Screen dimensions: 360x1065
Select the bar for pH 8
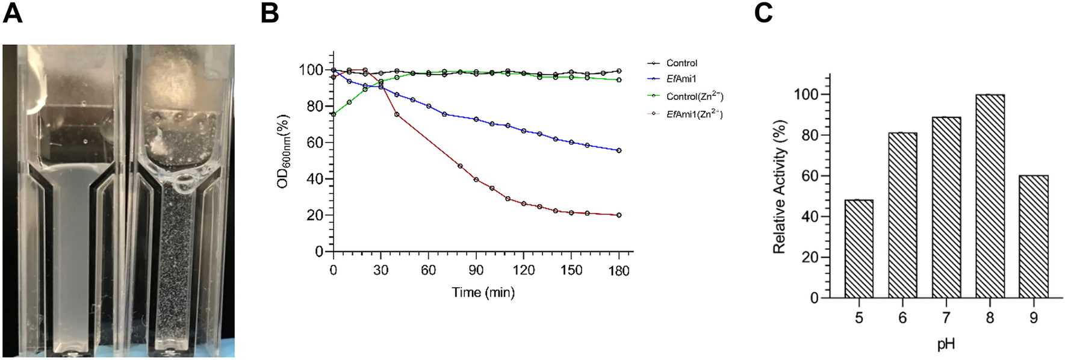click(x=990, y=196)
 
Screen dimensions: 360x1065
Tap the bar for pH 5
click(x=859, y=249)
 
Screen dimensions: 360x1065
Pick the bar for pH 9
click(x=1034, y=237)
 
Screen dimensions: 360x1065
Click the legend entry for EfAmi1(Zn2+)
click(x=694, y=114)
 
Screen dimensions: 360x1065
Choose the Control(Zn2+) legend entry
click(x=694, y=96)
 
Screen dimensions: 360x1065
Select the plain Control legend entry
click(x=681, y=63)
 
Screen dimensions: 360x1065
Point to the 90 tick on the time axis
click(x=476, y=270)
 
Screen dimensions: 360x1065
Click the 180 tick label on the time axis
click(x=619, y=270)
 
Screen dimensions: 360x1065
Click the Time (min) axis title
click(x=483, y=293)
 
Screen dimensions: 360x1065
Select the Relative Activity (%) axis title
click(x=780, y=187)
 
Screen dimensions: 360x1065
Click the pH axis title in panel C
click(x=946, y=344)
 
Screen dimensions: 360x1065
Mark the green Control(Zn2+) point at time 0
click(x=334, y=114)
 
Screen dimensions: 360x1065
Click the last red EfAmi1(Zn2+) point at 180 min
click(x=619, y=215)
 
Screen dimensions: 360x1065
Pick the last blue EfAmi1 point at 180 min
click(x=619, y=151)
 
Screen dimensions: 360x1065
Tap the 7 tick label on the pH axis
click(x=946, y=317)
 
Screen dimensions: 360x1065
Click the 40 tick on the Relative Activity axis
click(x=810, y=217)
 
